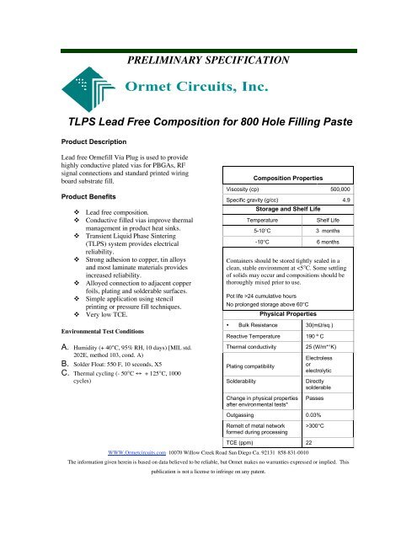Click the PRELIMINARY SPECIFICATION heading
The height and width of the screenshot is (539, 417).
pos(208,61)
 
